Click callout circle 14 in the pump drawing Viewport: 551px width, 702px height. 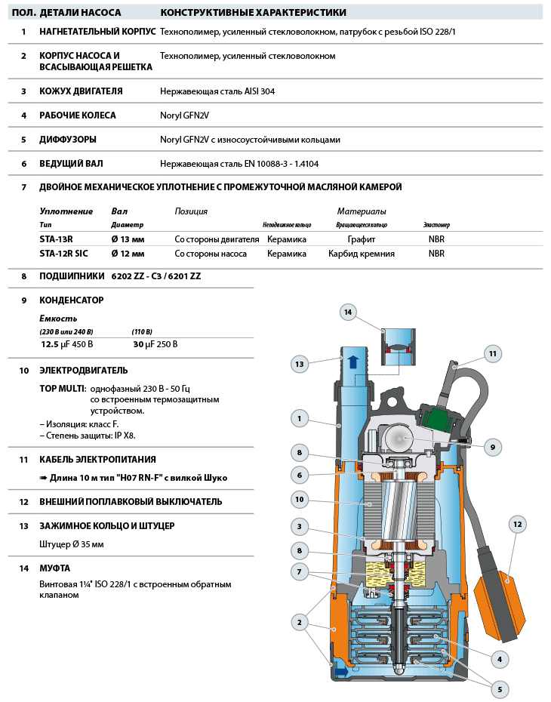(x=348, y=312)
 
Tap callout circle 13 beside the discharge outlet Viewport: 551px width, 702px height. (x=300, y=364)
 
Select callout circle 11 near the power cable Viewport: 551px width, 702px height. (x=492, y=353)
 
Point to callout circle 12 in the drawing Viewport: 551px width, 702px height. (x=517, y=524)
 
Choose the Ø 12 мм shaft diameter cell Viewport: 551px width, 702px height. (x=127, y=254)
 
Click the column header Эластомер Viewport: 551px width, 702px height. (x=436, y=225)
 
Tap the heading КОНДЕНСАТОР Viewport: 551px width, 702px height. (x=72, y=300)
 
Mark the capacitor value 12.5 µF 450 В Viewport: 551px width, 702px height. (x=68, y=344)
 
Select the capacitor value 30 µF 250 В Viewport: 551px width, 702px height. (x=155, y=344)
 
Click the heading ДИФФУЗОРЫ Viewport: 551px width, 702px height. (x=68, y=140)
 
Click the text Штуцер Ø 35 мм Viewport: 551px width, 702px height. (x=72, y=544)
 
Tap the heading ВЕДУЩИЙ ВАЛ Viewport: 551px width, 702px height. (x=71, y=163)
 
